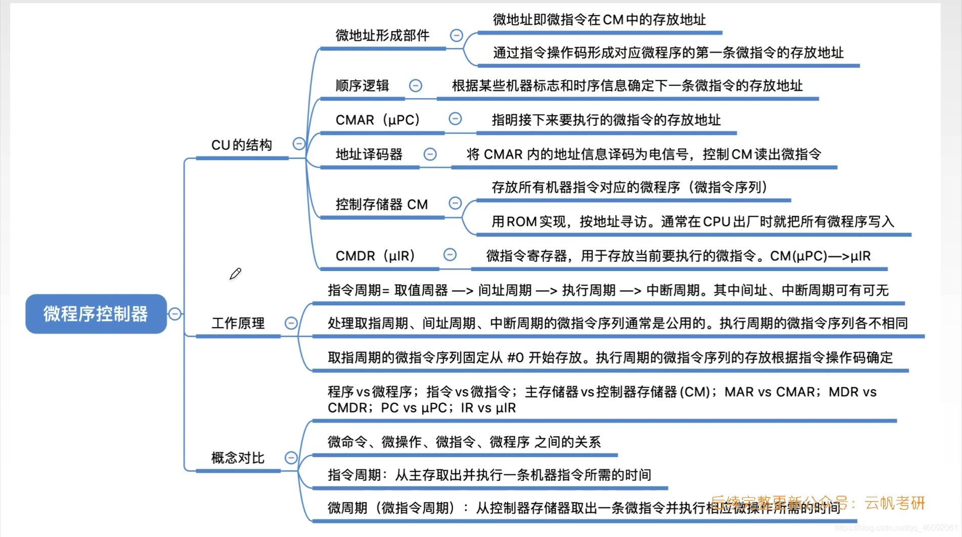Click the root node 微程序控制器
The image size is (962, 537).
click(x=96, y=314)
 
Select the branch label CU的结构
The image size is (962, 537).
click(x=241, y=145)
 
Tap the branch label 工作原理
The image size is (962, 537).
click(x=238, y=323)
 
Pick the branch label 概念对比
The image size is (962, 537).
click(x=238, y=458)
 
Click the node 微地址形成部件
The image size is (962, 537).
click(x=382, y=35)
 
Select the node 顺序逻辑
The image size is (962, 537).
click(x=362, y=85)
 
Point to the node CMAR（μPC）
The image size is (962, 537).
click(x=378, y=120)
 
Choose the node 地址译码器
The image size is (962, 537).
click(x=369, y=154)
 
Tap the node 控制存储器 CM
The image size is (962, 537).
click(x=381, y=204)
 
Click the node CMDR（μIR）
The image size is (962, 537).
click(x=375, y=256)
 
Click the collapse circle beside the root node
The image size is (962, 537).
click(x=174, y=314)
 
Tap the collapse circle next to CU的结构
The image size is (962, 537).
click(x=299, y=144)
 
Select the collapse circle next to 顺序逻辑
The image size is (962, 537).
click(x=415, y=85)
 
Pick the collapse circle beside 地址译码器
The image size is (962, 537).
click(x=430, y=154)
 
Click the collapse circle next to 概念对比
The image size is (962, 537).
click(x=291, y=458)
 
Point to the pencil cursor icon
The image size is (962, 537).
click(x=235, y=274)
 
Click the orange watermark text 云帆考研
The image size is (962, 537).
click(x=895, y=503)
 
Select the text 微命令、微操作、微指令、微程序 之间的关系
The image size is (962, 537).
click(x=464, y=442)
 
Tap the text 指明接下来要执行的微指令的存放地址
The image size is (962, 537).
click(x=606, y=120)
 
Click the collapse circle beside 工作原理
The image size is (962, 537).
click(x=291, y=323)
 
